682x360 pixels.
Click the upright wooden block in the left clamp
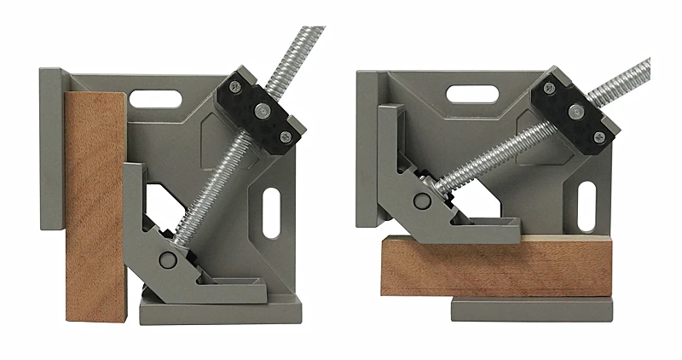click(x=95, y=205)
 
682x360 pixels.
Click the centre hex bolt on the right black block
click(x=575, y=109)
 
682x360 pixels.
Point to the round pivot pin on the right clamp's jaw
click(x=422, y=202)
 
